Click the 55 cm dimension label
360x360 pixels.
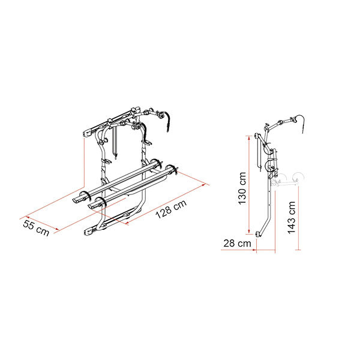click(x=36, y=228)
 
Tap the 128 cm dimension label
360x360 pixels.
click(x=171, y=209)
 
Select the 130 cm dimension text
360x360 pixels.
click(x=242, y=188)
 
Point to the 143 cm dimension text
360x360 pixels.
click(x=292, y=217)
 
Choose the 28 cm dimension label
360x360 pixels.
click(x=237, y=244)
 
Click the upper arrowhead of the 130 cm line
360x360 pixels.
click(x=249, y=138)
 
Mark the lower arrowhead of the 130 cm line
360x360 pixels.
click(x=249, y=232)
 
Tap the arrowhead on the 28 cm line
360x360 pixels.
click(x=254, y=250)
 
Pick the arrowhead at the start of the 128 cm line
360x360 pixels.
click(x=127, y=222)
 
